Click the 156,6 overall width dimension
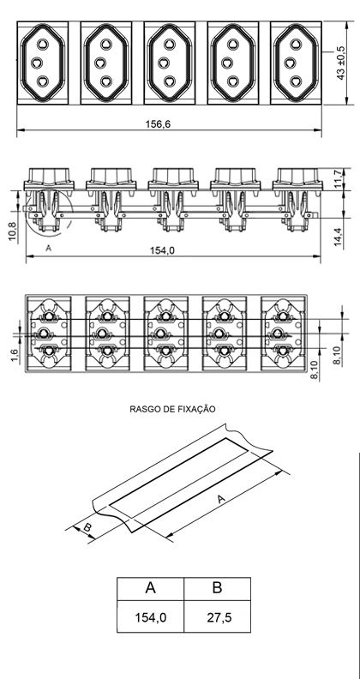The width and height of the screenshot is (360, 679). point(158,124)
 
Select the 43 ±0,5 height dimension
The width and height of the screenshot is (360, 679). point(341,63)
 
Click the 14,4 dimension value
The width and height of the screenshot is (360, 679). point(339,237)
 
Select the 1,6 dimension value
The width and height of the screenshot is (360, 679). point(15,355)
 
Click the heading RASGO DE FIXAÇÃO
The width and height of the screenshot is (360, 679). point(172,409)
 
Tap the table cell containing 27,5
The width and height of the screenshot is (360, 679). point(217,616)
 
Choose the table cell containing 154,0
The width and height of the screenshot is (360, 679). point(151,616)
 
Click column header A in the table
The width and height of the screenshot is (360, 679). point(151,589)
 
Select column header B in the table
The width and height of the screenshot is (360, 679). point(217,589)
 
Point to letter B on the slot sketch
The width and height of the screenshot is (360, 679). point(87,528)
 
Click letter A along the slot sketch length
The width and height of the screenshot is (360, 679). point(221,499)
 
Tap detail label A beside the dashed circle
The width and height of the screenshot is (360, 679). point(49,248)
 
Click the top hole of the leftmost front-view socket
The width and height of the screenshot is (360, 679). point(42,45)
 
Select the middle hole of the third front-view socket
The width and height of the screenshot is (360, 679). point(164,63)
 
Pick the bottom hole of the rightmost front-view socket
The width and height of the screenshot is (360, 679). point(296,81)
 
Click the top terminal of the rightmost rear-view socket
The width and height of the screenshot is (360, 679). point(283,317)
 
